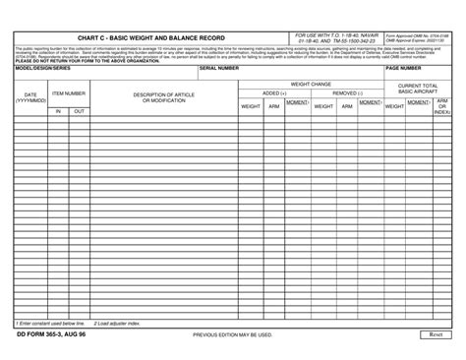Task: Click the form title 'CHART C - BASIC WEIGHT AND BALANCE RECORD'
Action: tap(147, 37)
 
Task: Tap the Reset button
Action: tap(436, 335)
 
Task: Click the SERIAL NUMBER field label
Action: tap(219, 69)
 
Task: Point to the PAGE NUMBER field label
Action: tap(406, 69)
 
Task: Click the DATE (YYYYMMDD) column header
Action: tap(29, 97)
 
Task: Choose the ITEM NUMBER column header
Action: tap(69, 93)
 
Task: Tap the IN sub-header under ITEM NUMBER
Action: tap(58, 111)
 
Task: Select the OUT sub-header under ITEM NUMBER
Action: tap(79, 111)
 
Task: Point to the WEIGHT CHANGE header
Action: tap(311, 85)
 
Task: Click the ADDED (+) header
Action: tap(274, 93)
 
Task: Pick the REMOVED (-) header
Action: tap(347, 93)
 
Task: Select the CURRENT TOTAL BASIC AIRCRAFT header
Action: tap(418, 90)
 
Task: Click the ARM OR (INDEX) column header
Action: tap(442, 106)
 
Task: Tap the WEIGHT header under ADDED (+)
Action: tap(251, 106)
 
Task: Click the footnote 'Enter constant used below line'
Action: tap(50, 322)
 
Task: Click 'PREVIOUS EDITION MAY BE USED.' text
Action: tap(232, 335)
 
